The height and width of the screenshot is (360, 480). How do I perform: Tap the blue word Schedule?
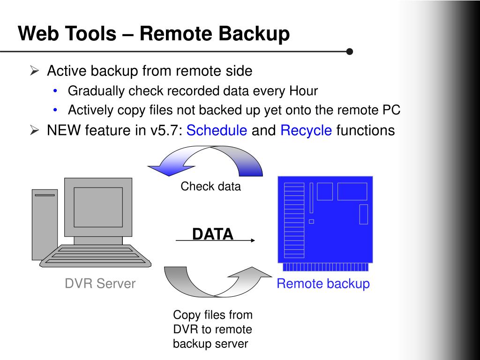coord(217,130)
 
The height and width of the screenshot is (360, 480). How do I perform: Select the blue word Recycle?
coord(306,130)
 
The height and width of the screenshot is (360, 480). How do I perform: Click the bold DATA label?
coord(212,234)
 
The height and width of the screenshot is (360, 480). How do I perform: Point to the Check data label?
coord(210,187)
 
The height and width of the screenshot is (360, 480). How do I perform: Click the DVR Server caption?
coord(100,284)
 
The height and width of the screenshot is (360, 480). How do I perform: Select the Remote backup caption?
coord(323,284)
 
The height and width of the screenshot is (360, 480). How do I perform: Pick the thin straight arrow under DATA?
coord(215,240)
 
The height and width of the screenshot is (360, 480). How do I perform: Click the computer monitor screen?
coord(98,207)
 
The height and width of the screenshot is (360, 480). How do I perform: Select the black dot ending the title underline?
coord(349,51)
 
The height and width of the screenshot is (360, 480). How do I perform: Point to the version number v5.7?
coord(165,130)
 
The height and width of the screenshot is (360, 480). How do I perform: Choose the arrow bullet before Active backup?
coord(34,71)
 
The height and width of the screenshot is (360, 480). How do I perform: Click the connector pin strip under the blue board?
coord(325,267)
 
